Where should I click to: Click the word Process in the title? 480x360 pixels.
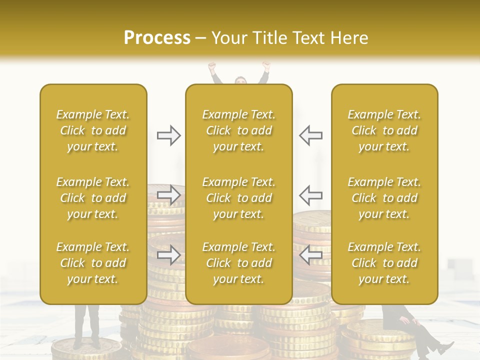pyautogui.click(x=157, y=38)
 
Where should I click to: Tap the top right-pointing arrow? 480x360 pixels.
pyautogui.click(x=168, y=135)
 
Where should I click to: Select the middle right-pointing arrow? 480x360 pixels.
pyautogui.click(x=168, y=195)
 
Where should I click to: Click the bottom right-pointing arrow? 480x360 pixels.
pyautogui.click(x=168, y=255)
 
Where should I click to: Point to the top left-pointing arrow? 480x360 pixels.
pyautogui.click(x=310, y=135)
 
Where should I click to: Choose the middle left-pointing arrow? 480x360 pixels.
pyautogui.click(x=310, y=195)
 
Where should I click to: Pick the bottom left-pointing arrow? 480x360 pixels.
pyautogui.click(x=310, y=255)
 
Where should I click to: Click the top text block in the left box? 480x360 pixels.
pyautogui.click(x=93, y=130)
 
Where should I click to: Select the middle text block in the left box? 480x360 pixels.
pyautogui.click(x=93, y=198)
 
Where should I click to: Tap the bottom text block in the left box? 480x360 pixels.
pyautogui.click(x=93, y=263)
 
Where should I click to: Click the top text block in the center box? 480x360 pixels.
pyautogui.click(x=238, y=130)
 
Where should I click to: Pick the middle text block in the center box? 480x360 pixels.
pyautogui.click(x=238, y=198)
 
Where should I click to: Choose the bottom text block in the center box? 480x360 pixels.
pyautogui.click(x=238, y=263)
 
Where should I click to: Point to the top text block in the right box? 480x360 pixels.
pyautogui.click(x=384, y=130)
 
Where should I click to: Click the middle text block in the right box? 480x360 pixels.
pyautogui.click(x=384, y=198)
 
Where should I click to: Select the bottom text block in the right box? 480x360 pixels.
pyautogui.click(x=384, y=263)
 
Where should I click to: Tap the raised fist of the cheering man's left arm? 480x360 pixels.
pyautogui.click(x=212, y=65)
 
